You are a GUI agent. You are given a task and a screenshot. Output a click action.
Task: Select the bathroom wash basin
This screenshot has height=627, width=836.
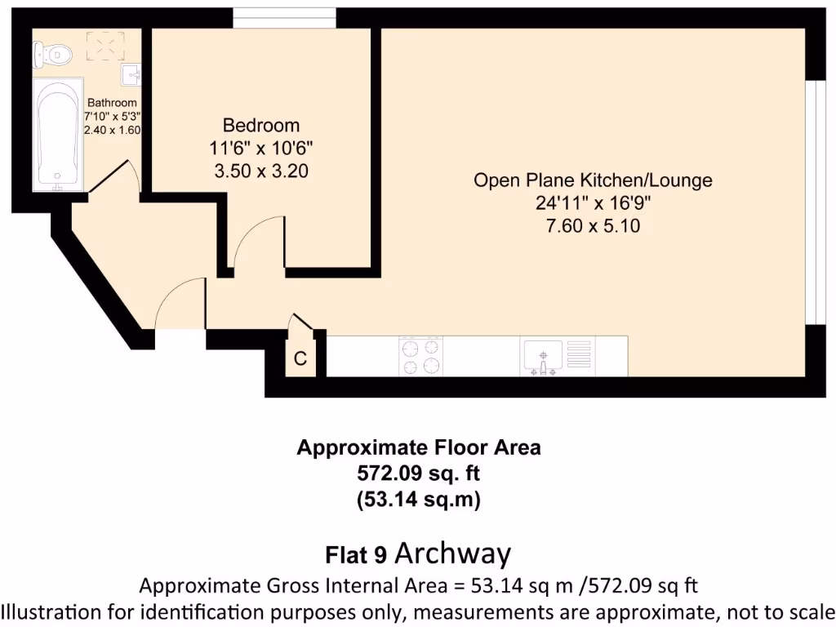pyautogui.click(x=131, y=75)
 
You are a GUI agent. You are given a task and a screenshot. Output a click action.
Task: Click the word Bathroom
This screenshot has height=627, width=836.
pyautogui.click(x=112, y=103)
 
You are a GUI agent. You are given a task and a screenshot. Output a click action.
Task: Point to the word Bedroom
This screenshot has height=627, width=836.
pyautogui.click(x=261, y=126)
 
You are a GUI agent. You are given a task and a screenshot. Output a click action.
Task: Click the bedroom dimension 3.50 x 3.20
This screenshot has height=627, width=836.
pyautogui.click(x=261, y=171)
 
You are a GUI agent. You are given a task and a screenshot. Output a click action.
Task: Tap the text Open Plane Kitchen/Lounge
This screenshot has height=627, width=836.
pyautogui.click(x=593, y=180)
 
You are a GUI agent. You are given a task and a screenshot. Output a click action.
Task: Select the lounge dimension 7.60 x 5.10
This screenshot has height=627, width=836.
pyautogui.click(x=593, y=226)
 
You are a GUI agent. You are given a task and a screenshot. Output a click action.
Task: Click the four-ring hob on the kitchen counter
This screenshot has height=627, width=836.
pyautogui.click(x=420, y=356)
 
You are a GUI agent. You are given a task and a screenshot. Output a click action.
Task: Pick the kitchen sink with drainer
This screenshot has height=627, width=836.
pyautogui.click(x=555, y=356)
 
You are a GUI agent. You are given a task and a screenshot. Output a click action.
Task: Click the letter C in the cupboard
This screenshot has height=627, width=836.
pyautogui.click(x=300, y=359)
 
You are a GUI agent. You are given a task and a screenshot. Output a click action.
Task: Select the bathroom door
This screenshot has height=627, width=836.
pyautogui.click(x=114, y=176)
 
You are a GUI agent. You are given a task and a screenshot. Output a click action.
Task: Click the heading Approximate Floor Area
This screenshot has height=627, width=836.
pyautogui.click(x=418, y=447)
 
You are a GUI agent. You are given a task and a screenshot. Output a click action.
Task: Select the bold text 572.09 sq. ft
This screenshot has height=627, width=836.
pyautogui.click(x=418, y=474)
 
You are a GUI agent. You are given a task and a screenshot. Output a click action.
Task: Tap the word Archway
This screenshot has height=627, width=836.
pyautogui.click(x=453, y=554)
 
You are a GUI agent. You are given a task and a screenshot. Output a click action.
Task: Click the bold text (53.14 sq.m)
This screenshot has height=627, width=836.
pyautogui.click(x=418, y=500)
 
